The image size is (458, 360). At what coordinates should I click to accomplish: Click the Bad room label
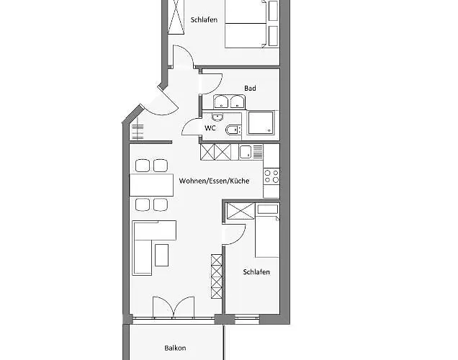(250, 89)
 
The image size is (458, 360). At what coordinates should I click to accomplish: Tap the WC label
(210, 128)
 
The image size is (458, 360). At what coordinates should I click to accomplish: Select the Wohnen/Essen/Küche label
(214, 181)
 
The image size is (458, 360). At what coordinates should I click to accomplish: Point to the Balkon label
(174, 348)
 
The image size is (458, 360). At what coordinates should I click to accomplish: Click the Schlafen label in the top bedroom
(204, 21)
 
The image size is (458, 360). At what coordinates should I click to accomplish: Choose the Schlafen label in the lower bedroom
(256, 271)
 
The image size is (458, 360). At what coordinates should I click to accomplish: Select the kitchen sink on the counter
(246, 152)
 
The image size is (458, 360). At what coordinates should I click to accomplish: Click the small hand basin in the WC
(218, 116)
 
